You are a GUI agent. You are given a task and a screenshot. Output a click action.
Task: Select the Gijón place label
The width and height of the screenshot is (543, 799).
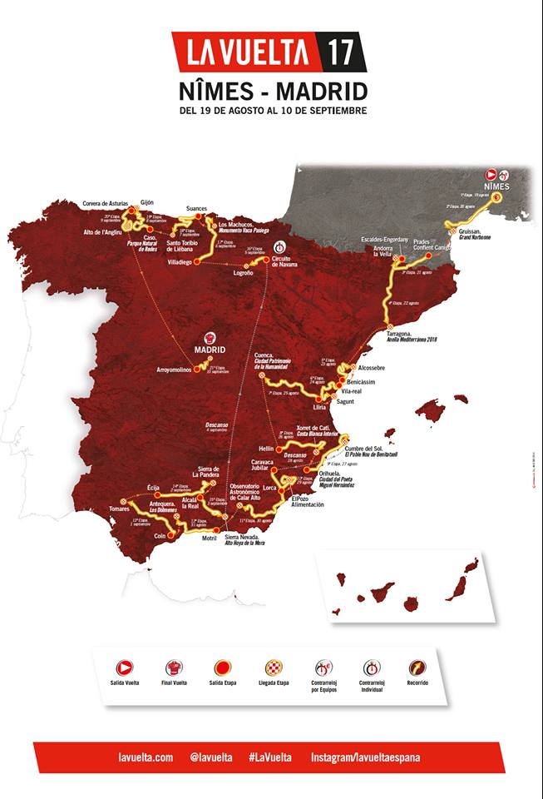(148, 202)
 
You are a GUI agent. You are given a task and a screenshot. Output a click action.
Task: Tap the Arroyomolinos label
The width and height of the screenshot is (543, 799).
(180, 370)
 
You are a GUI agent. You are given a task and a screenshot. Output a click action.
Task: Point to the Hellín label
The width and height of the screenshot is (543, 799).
(267, 448)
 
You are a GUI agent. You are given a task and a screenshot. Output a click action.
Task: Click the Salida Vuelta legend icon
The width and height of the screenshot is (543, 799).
(124, 667)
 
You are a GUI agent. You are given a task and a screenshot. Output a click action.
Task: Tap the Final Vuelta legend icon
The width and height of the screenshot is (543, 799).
(175, 667)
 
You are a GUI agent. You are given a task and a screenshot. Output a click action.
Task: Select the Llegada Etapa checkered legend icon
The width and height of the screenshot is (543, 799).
(274, 667)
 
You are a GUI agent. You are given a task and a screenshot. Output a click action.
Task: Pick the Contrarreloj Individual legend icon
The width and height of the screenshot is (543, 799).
(371, 667)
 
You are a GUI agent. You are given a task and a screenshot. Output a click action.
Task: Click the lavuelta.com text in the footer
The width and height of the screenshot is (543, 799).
(146, 757)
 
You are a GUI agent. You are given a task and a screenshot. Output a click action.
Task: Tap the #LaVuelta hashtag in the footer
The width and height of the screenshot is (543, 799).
(269, 757)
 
